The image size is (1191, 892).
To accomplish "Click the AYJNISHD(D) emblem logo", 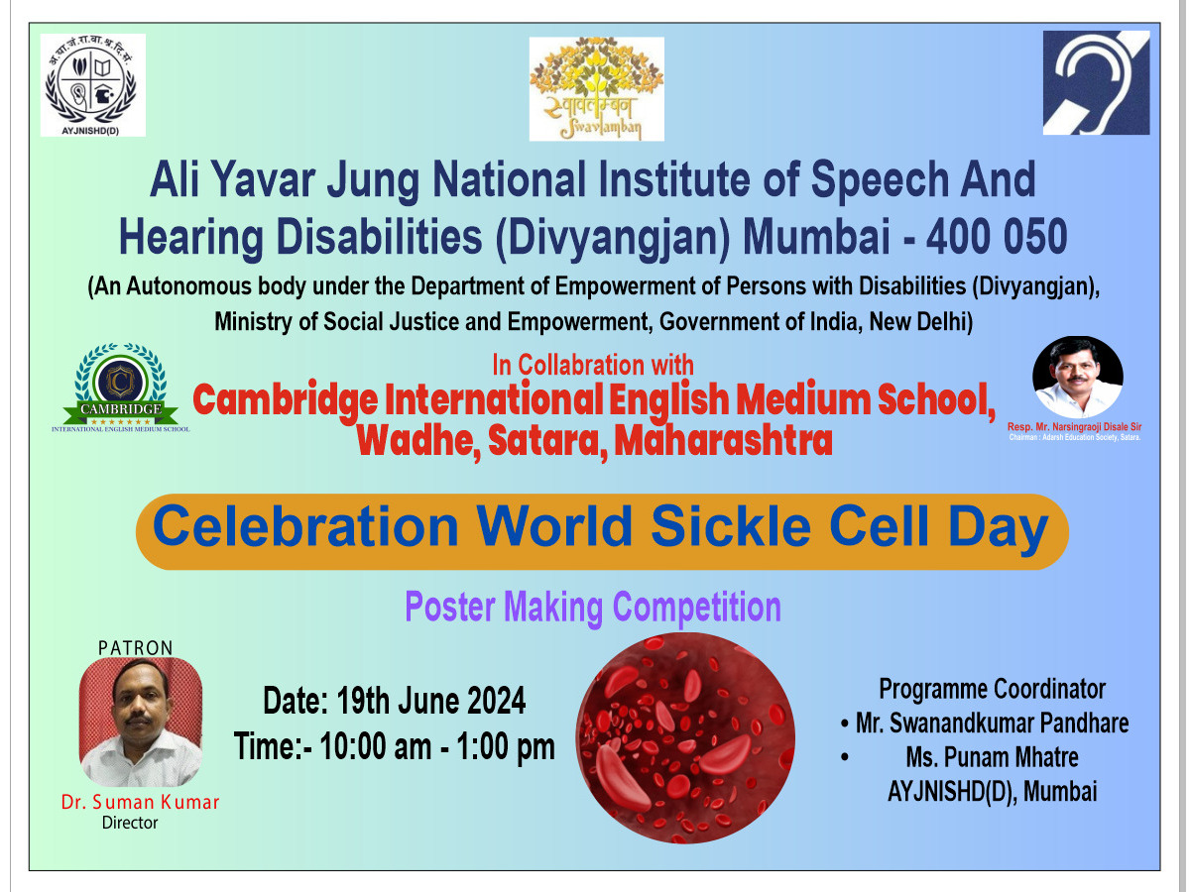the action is point(93,84).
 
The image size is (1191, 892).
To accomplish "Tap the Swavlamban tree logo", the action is point(596,88).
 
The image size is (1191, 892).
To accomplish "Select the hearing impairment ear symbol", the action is point(1096,82).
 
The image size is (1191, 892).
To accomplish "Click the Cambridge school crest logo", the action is point(120,389).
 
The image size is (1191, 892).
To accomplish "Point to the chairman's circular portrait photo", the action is point(1077,378).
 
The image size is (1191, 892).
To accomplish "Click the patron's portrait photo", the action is point(141,722).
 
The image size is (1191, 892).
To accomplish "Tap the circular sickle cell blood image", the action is point(685,738).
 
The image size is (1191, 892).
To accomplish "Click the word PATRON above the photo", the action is point(136,648).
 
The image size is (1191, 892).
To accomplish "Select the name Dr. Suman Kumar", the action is point(140,802).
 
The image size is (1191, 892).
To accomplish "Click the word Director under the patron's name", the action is point(130,823).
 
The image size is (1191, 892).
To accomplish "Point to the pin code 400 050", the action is point(997,237).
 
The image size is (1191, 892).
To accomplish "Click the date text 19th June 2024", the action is point(430,701).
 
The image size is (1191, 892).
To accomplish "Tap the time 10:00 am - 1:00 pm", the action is point(437,746).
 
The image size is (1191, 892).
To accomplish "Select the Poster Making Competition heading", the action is point(593,608).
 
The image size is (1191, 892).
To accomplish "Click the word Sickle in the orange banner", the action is point(731,525).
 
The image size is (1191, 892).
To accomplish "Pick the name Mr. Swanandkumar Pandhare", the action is point(992,723).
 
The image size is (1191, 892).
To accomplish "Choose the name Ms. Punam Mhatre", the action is point(992,757).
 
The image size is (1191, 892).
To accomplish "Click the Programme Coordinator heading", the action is point(992,689).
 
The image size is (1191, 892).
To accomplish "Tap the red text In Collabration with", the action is point(593,365).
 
